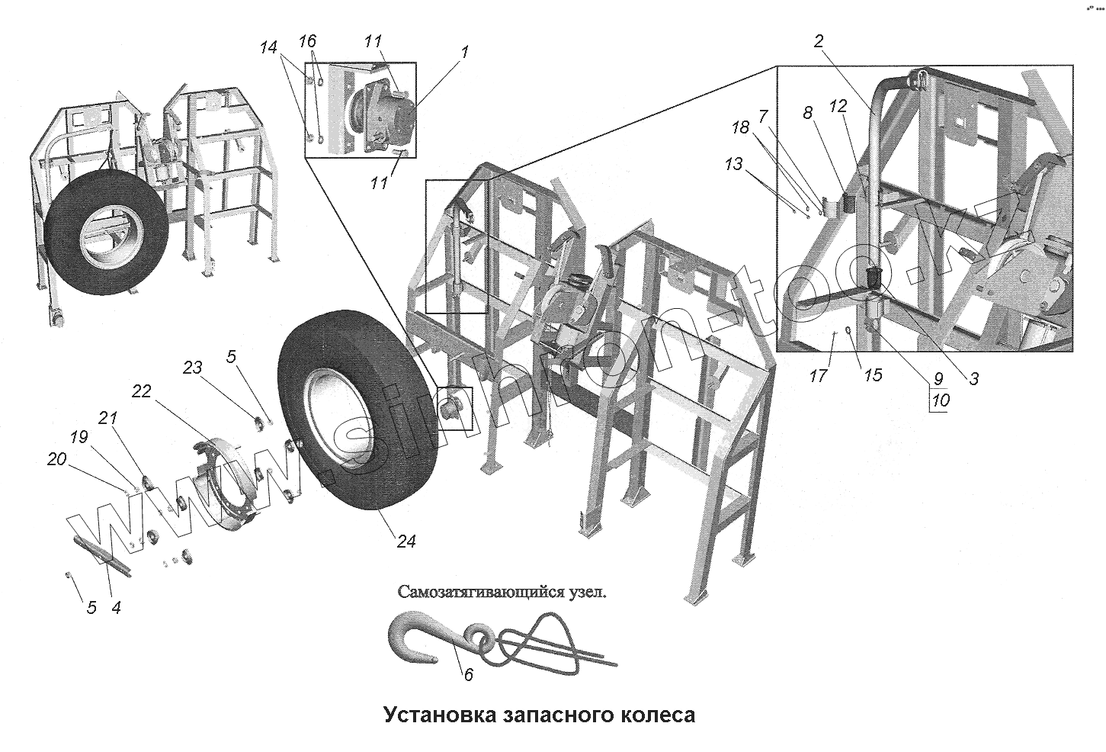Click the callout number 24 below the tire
click(406, 541)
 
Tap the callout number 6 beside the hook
click(468, 674)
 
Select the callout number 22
click(141, 391)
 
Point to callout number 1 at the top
click(465, 52)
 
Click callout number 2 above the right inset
click(819, 41)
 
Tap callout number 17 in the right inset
click(819, 376)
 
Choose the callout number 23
click(193, 368)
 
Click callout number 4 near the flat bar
click(116, 608)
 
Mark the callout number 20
click(56, 459)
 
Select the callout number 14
click(268, 47)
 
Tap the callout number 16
click(307, 40)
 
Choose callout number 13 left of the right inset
click(733, 164)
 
